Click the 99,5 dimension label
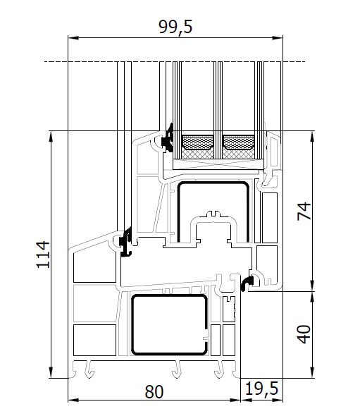tap(175, 27)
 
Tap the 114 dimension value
tap(43, 255)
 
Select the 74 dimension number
tap(304, 212)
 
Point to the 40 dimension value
tap(304, 334)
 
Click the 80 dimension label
tap(154, 391)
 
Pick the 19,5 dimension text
tap(261, 389)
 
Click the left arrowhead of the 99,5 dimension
tap(73, 38)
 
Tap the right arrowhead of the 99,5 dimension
tap(278, 38)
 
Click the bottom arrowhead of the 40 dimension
tap(313, 372)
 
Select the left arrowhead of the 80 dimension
tap(73, 400)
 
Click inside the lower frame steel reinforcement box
tap(169, 324)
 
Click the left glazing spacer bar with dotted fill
tap(198, 142)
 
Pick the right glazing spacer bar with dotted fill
tap(239, 142)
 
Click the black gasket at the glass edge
tap(167, 138)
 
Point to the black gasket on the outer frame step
tap(125, 242)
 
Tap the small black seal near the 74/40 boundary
tap(247, 283)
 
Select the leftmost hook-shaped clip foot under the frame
tap(89, 369)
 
